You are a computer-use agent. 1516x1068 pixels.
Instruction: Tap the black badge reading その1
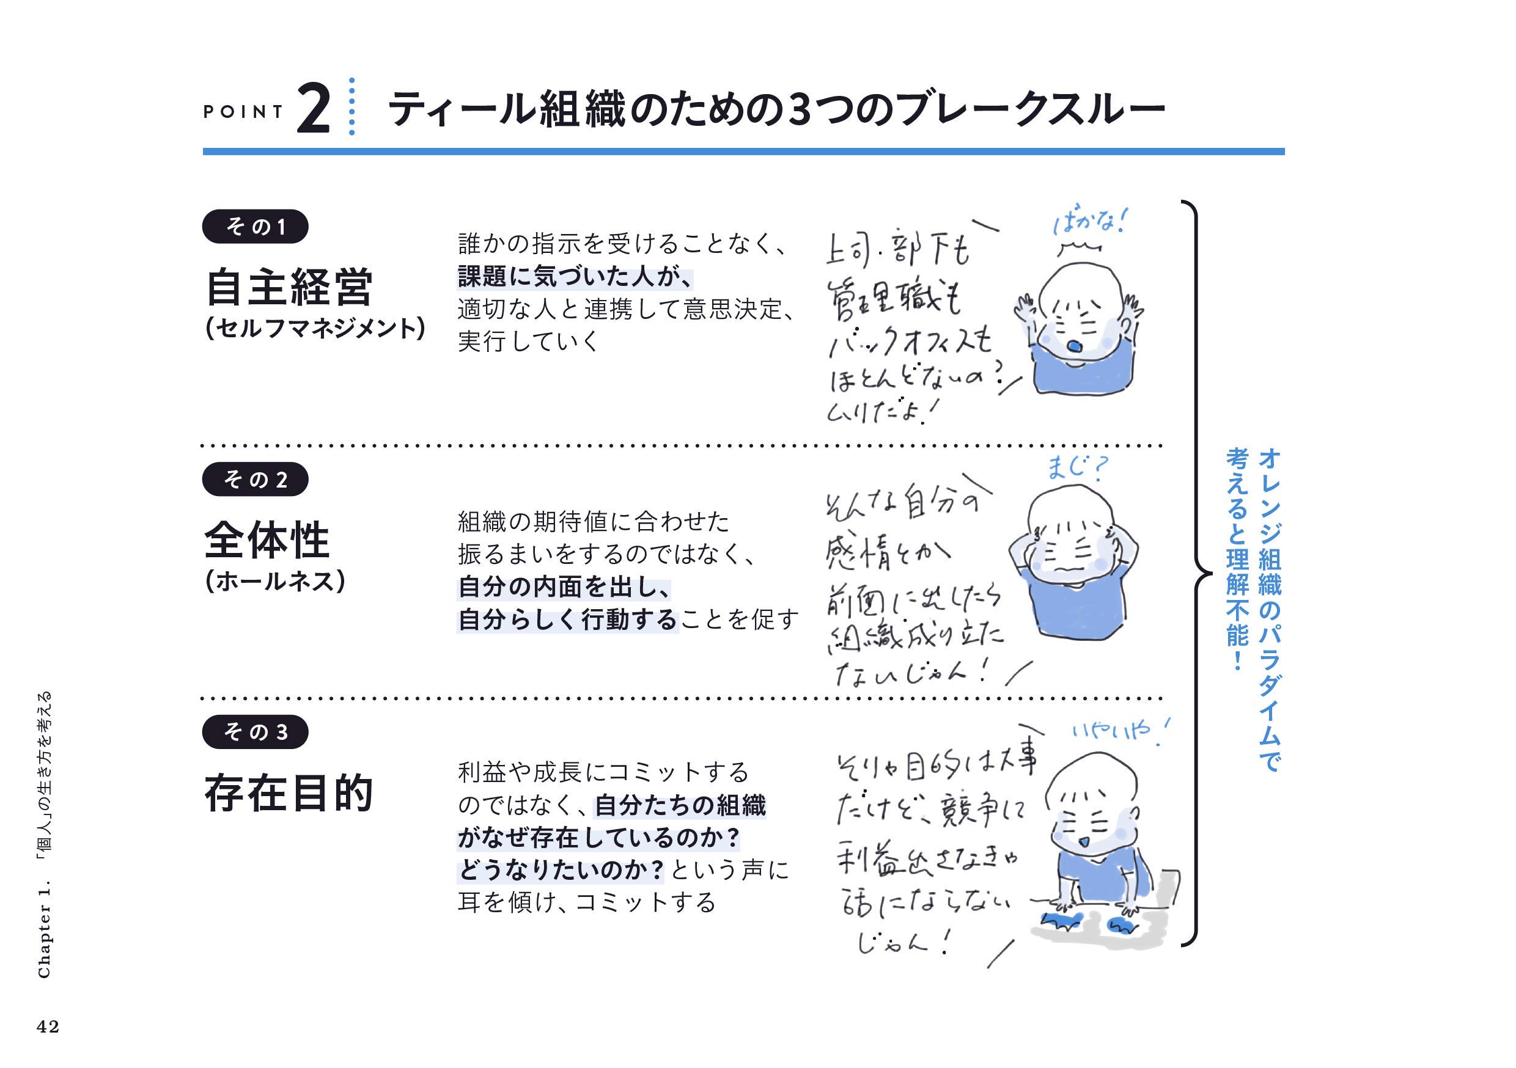[x=255, y=227]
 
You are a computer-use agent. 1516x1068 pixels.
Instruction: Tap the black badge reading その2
[x=255, y=479]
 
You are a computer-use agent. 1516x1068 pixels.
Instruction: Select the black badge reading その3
[x=255, y=731]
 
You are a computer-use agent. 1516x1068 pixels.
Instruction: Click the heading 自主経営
[x=289, y=288]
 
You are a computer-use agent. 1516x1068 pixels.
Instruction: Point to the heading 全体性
[x=267, y=540]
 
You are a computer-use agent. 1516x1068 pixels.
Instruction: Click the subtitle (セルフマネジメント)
[x=315, y=329]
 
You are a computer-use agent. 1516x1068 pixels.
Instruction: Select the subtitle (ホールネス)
[x=274, y=582]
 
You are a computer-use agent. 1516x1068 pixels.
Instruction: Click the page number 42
[x=48, y=1026]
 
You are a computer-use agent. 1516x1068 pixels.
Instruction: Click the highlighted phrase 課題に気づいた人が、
[x=575, y=277]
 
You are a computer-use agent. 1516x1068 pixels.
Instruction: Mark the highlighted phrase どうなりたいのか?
[x=561, y=870]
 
